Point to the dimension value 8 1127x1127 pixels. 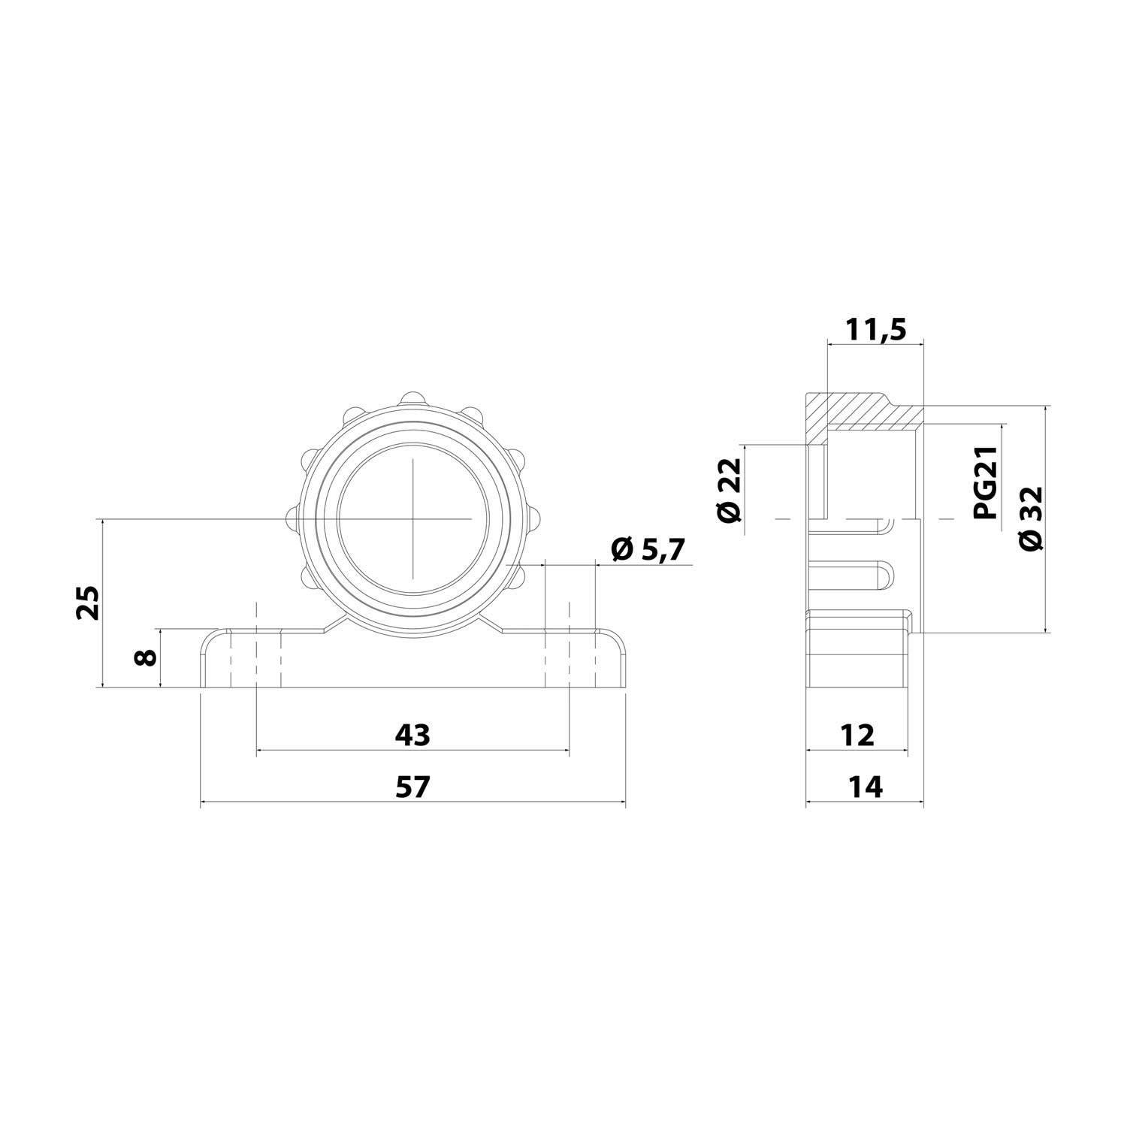pos(146,657)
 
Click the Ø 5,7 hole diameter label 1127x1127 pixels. pos(648,550)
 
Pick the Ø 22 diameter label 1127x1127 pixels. pos(729,490)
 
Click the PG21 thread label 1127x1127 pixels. pos(984,482)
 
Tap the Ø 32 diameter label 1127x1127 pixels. pos(1032,518)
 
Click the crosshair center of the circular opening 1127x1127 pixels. pos(412,518)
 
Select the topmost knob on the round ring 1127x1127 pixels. pos(412,398)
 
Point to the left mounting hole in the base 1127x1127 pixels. pos(255,659)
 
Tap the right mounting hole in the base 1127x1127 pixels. pos(569,659)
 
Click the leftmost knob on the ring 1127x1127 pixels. pos(292,517)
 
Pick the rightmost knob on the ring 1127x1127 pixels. pos(533,517)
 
